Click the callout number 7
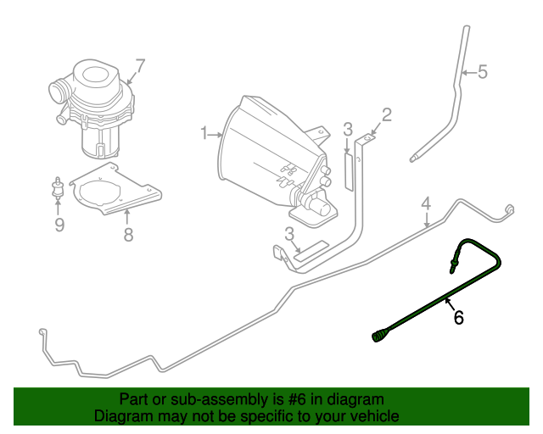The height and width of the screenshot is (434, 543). pyautogui.click(x=139, y=66)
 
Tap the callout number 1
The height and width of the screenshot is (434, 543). pyautogui.click(x=204, y=133)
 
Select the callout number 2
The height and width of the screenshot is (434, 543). pyautogui.click(x=387, y=115)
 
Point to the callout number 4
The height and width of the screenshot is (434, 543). pyautogui.click(x=426, y=203)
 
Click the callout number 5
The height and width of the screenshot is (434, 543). pyautogui.click(x=483, y=72)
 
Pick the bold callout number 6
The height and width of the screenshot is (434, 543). pyautogui.click(x=459, y=317)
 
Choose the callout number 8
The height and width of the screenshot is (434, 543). pyautogui.click(x=128, y=235)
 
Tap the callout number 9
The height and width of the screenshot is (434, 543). pyautogui.click(x=59, y=225)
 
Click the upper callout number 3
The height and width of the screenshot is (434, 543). pyautogui.click(x=348, y=130)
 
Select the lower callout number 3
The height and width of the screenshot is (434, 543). pyautogui.click(x=289, y=234)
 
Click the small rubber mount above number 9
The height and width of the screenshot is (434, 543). pyautogui.click(x=58, y=188)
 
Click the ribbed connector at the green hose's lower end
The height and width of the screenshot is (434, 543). pyautogui.click(x=379, y=336)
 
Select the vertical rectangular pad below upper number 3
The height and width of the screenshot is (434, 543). pyautogui.click(x=349, y=172)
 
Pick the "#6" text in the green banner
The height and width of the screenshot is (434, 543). pyautogui.click(x=297, y=400)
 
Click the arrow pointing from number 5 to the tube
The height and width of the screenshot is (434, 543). pyautogui.click(x=469, y=73)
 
